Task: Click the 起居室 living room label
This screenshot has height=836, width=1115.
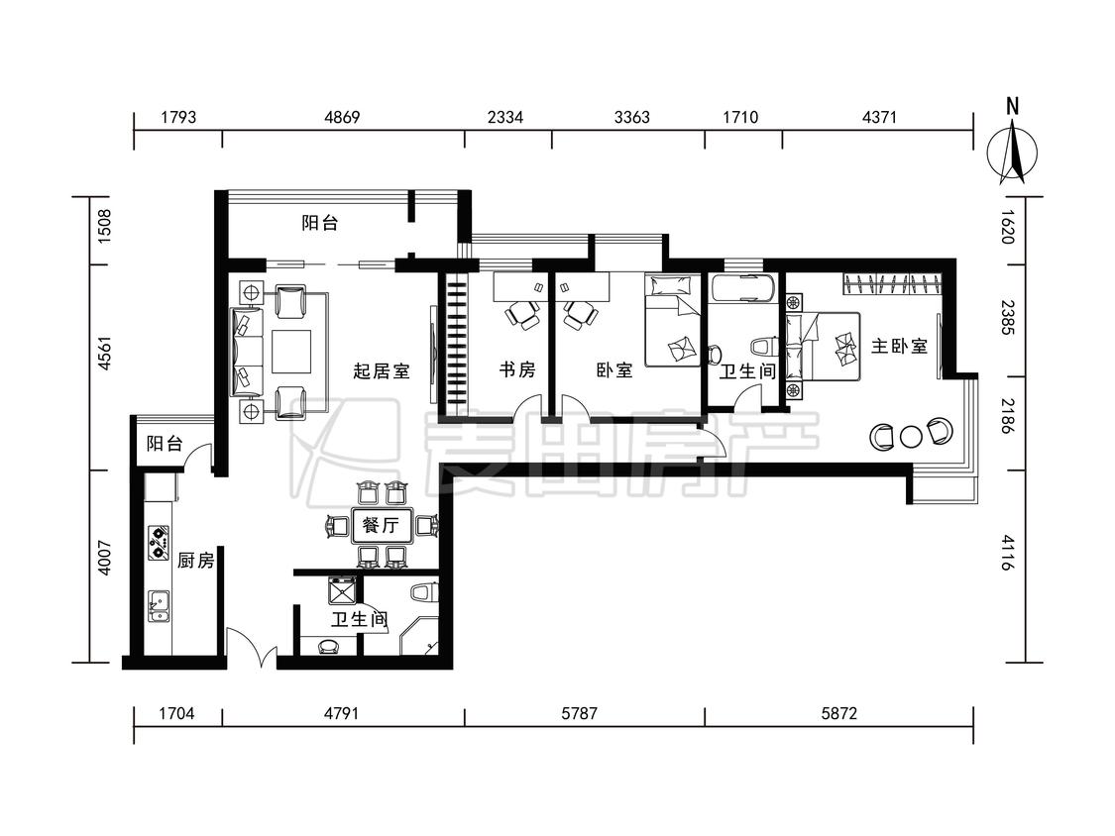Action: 382,370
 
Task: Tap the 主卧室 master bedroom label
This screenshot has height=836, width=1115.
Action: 900,347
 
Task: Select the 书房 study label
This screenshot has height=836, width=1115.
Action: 517,369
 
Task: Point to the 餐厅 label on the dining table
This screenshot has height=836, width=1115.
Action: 381,525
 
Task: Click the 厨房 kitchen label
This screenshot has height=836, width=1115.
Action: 195,561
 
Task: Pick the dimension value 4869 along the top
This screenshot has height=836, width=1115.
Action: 342,117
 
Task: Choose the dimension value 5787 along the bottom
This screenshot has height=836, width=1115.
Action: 579,712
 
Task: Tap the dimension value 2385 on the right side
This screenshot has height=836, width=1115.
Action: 1008,318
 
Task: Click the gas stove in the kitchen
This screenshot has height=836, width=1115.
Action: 159,542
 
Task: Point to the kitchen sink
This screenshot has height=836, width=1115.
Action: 159,605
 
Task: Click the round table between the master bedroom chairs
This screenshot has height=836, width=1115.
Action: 911,437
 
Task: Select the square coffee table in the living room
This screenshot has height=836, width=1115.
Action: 290,352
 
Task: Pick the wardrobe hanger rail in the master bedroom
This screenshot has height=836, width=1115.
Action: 893,283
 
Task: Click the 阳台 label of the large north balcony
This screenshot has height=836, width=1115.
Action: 319,223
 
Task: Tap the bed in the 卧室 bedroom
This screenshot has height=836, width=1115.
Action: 672,321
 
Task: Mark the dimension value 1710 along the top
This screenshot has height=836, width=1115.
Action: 740,117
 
